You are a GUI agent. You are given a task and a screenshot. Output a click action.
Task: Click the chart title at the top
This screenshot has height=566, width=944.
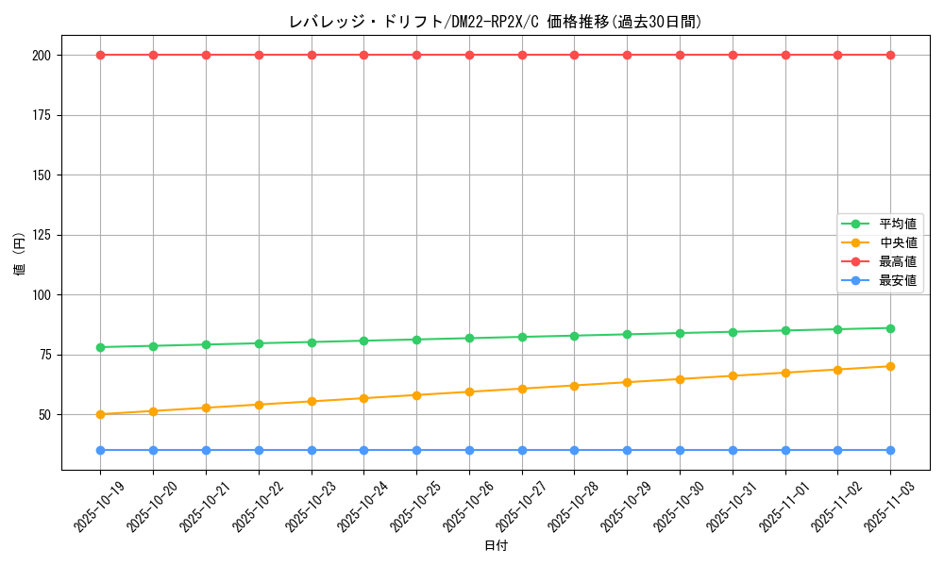495,22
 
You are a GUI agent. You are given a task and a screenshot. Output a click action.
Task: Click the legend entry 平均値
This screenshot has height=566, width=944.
898,225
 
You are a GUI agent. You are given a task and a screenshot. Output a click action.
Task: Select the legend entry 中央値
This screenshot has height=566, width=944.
898,243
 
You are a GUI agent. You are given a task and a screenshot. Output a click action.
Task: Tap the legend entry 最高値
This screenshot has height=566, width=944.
898,261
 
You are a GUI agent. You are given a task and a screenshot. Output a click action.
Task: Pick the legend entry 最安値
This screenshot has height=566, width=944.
898,280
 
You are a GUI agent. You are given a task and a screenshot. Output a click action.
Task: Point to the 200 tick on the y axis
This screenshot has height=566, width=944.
41,55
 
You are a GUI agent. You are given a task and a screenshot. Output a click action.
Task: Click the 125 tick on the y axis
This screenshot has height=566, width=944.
41,235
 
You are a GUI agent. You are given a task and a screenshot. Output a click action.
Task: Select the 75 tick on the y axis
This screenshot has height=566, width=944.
44,355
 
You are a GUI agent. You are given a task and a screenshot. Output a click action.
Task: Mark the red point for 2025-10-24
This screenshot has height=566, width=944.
363,55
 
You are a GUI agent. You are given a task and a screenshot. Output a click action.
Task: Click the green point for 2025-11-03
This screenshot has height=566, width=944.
890,328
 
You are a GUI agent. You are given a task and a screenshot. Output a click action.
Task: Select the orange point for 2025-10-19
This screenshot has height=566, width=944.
100,414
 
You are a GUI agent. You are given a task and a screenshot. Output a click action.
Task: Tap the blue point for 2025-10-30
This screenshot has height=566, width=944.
680,450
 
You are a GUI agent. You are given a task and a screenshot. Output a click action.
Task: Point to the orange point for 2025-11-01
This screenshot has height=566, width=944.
784,373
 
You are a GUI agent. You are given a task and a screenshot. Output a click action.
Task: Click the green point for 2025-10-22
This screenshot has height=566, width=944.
259,343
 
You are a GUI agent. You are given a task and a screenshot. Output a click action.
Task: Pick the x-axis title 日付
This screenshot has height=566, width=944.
495,546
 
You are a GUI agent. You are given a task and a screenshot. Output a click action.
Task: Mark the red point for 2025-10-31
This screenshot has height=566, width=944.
733,55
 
